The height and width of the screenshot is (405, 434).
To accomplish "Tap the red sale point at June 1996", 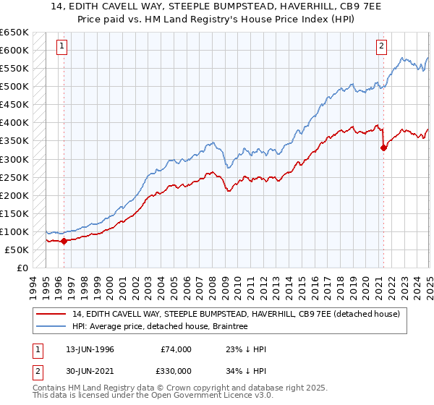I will [64, 241].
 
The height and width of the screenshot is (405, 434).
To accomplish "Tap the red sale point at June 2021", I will [383, 148].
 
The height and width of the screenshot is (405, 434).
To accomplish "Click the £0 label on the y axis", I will [24, 268].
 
